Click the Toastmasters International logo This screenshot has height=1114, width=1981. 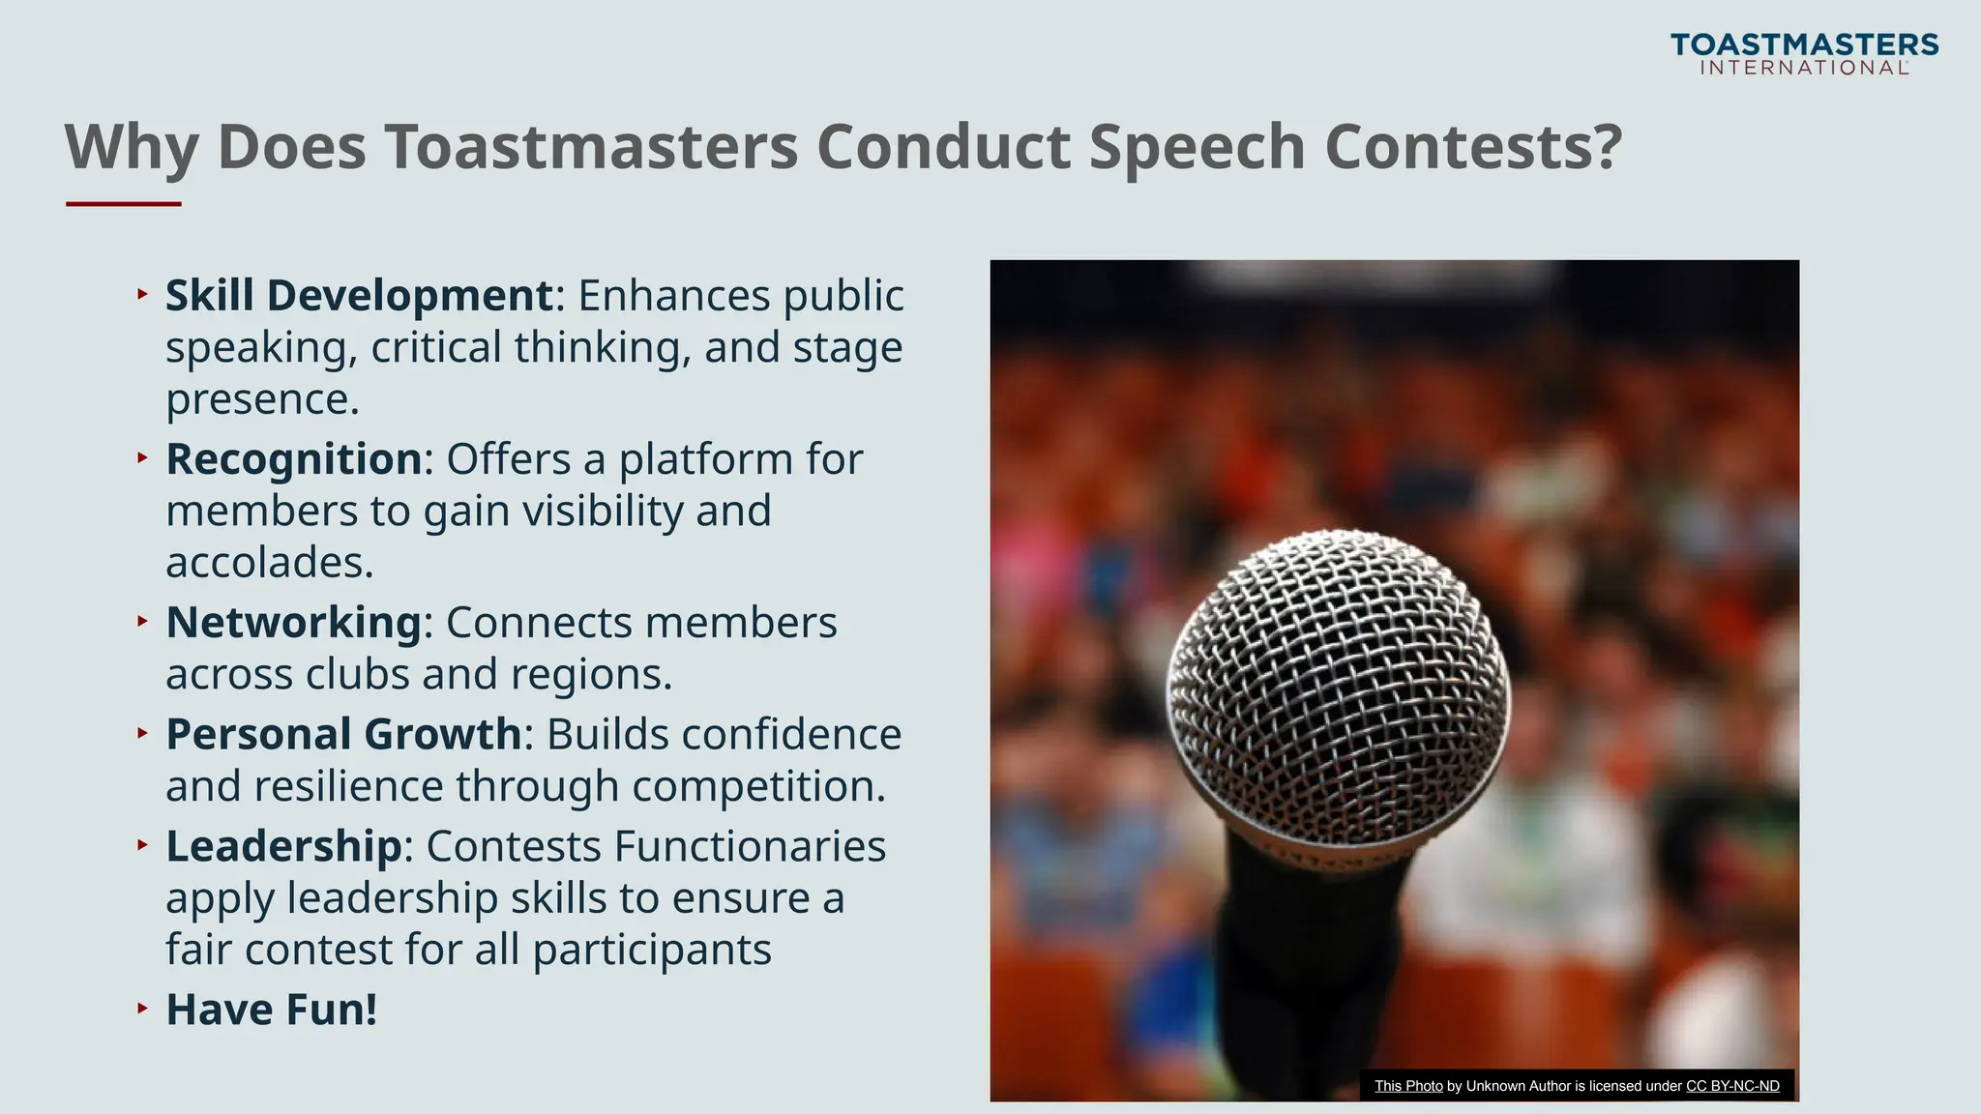click(1804, 54)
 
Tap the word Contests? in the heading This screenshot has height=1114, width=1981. click(1472, 147)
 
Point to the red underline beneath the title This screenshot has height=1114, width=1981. click(124, 204)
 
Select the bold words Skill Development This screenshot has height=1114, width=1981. click(359, 296)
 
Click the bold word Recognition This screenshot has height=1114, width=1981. click(294, 459)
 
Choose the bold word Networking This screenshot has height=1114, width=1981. click(293, 623)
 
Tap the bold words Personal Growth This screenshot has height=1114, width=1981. click(343, 735)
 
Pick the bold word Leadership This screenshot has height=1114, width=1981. click(283, 847)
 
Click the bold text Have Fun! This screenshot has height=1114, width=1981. click(271, 1011)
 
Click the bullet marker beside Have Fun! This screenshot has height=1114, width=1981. click(142, 1009)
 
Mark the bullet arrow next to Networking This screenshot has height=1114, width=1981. click(142, 621)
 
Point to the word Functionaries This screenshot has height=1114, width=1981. click(750, 847)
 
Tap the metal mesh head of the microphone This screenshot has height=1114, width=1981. click(1338, 677)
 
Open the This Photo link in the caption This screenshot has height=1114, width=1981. click(1408, 1086)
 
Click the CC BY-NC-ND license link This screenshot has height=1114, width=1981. click(1732, 1086)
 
